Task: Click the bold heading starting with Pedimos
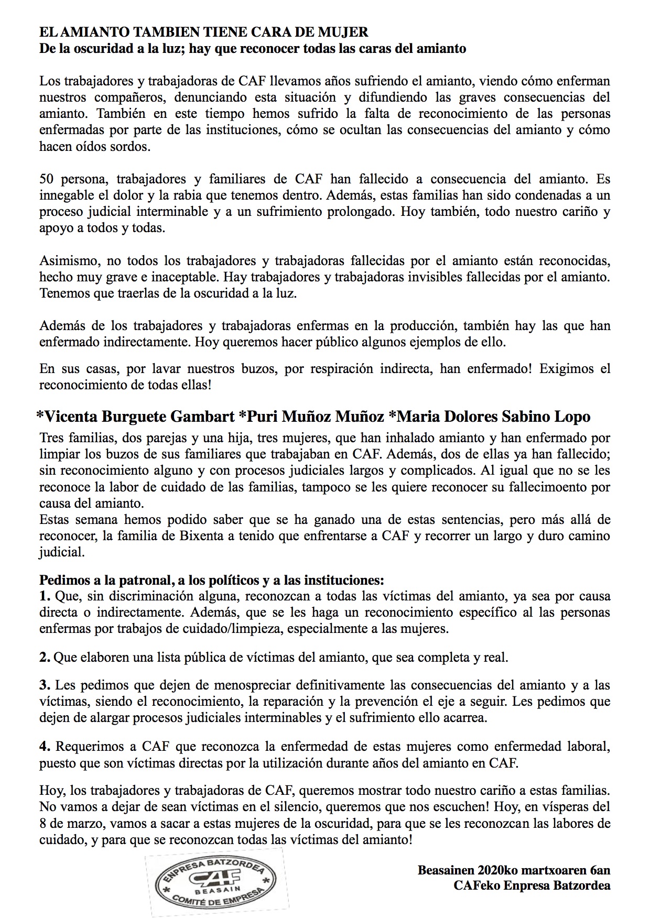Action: [x=212, y=580]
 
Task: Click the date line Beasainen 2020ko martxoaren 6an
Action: [x=514, y=871]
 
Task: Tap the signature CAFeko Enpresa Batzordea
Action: [x=532, y=886]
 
